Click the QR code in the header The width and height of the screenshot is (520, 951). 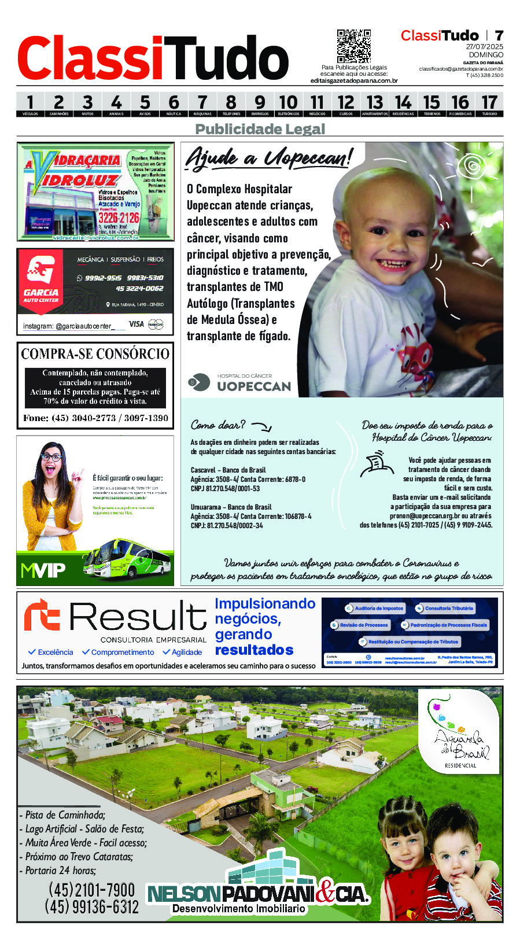[353, 46]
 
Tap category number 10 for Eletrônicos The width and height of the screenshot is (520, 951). [288, 104]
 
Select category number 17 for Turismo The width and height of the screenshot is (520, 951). [489, 104]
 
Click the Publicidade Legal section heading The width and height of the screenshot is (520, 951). [260, 129]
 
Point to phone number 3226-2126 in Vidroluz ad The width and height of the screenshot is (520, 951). [119, 218]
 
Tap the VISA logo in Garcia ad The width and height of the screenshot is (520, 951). [137, 324]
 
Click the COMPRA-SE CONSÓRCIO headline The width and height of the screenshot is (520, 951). [95, 353]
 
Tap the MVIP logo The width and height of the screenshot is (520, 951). [43, 571]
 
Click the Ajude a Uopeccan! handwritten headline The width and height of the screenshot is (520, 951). [268, 157]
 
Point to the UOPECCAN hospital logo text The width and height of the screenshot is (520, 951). [253, 386]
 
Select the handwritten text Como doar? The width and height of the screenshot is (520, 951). [218, 425]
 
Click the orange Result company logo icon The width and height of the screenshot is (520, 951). [42, 615]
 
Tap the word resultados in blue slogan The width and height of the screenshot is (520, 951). [254, 650]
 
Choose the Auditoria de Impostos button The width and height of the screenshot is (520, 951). [375, 609]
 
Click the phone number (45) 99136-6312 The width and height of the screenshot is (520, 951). [92, 906]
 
